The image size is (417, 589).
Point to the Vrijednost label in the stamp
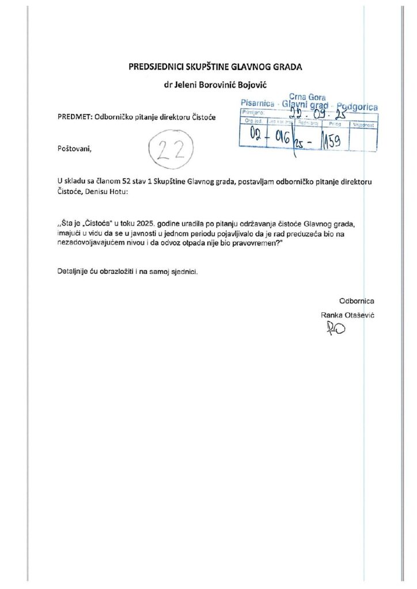point(364,124)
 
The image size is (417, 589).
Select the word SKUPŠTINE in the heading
point(203,67)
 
